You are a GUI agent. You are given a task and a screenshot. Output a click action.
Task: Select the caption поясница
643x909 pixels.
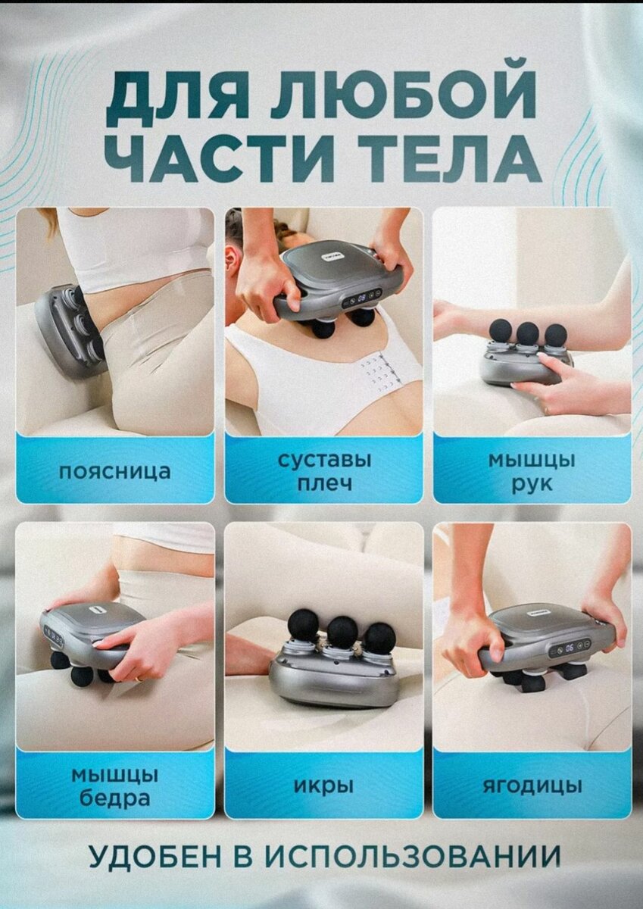[x=115, y=471]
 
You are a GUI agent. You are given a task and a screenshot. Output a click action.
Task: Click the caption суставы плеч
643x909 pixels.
[x=323, y=471]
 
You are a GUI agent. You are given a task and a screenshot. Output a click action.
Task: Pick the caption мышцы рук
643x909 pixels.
[x=531, y=471]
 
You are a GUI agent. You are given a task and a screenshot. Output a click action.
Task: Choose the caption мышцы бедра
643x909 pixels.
[x=115, y=786]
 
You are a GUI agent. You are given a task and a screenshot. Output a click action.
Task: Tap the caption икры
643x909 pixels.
[x=323, y=786]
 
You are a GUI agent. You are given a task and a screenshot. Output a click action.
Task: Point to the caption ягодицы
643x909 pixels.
[x=532, y=786]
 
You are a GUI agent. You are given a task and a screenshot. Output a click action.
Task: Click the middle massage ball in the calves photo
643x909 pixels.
[x=342, y=631]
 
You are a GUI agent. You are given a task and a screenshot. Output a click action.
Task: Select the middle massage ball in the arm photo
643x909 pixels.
[x=528, y=333]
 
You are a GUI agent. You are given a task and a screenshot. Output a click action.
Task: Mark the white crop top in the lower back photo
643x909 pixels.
[x=136, y=246]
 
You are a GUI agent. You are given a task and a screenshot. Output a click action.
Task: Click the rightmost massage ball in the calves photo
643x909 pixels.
[x=379, y=638]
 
